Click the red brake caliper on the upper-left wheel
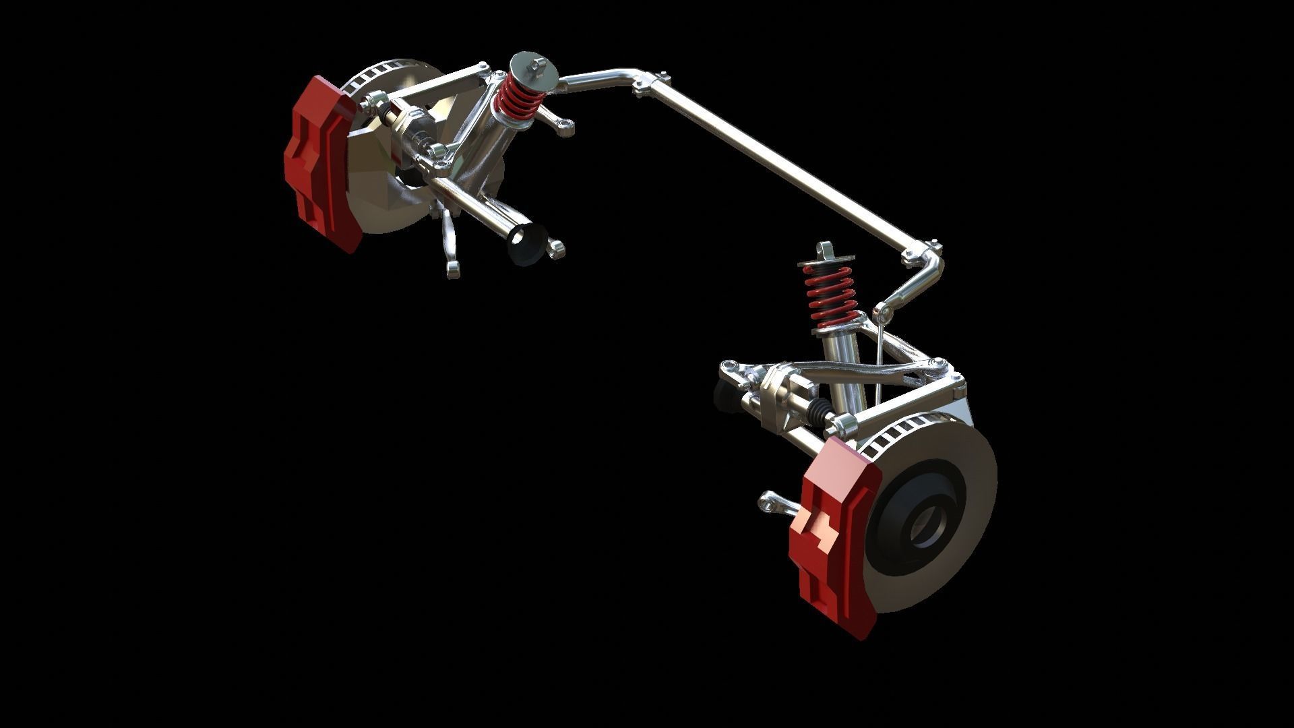(x=317, y=162)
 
